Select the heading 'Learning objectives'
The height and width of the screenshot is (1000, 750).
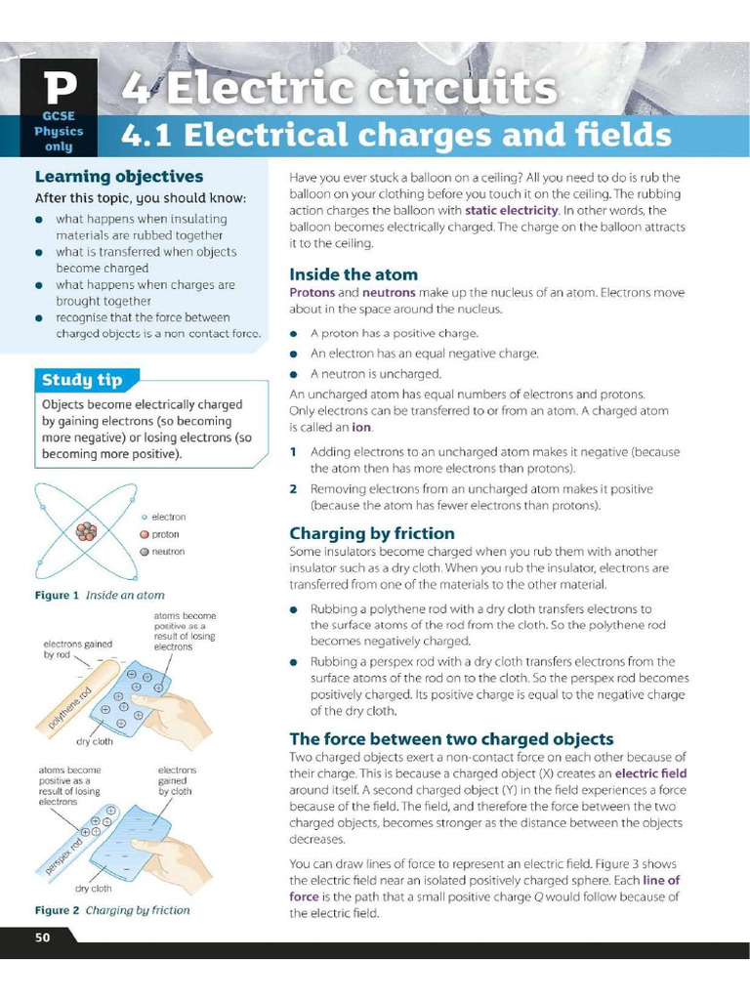(x=119, y=177)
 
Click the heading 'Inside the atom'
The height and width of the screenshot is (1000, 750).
(x=354, y=274)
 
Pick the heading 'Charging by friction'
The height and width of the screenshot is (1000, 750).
(x=372, y=533)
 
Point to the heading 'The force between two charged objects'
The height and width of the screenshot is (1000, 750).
(x=451, y=738)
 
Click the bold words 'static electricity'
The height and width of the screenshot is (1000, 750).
(x=512, y=210)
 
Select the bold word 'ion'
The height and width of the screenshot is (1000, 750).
(x=361, y=427)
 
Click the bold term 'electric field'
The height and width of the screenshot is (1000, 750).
(x=650, y=773)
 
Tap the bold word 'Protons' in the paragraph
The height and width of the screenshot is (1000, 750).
(x=312, y=292)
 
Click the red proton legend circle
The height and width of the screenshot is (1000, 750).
(x=144, y=534)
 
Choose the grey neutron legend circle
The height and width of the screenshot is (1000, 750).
(x=144, y=552)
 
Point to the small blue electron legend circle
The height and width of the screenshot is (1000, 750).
(x=144, y=517)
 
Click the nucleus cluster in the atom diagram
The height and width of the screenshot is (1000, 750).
(x=88, y=532)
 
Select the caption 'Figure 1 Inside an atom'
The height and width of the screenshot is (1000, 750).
(x=100, y=595)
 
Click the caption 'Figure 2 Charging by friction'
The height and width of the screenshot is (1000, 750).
(x=112, y=910)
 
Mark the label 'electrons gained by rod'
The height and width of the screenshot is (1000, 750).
(x=77, y=649)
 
